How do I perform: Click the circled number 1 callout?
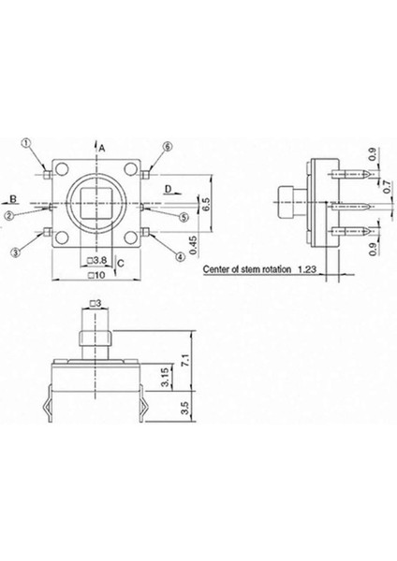pyautogui.click(x=26, y=143)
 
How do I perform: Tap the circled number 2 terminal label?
pyautogui.click(x=7, y=214)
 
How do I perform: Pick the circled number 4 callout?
pyautogui.click(x=179, y=255)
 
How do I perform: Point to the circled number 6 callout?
pyautogui.click(x=169, y=147)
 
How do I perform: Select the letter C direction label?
pyautogui.click(x=123, y=265)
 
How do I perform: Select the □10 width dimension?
pyautogui.click(x=95, y=277)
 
